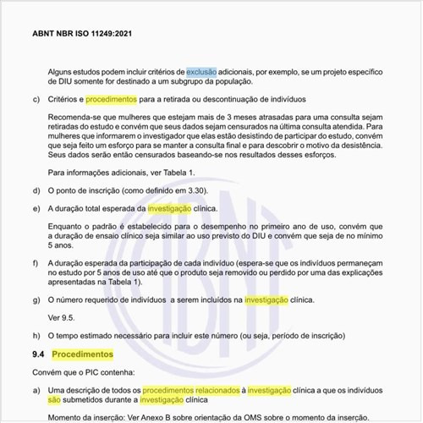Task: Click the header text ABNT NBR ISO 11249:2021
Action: point(82,36)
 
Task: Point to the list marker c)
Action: point(36,99)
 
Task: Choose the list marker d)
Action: point(36,190)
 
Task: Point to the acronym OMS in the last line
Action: point(267,418)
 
